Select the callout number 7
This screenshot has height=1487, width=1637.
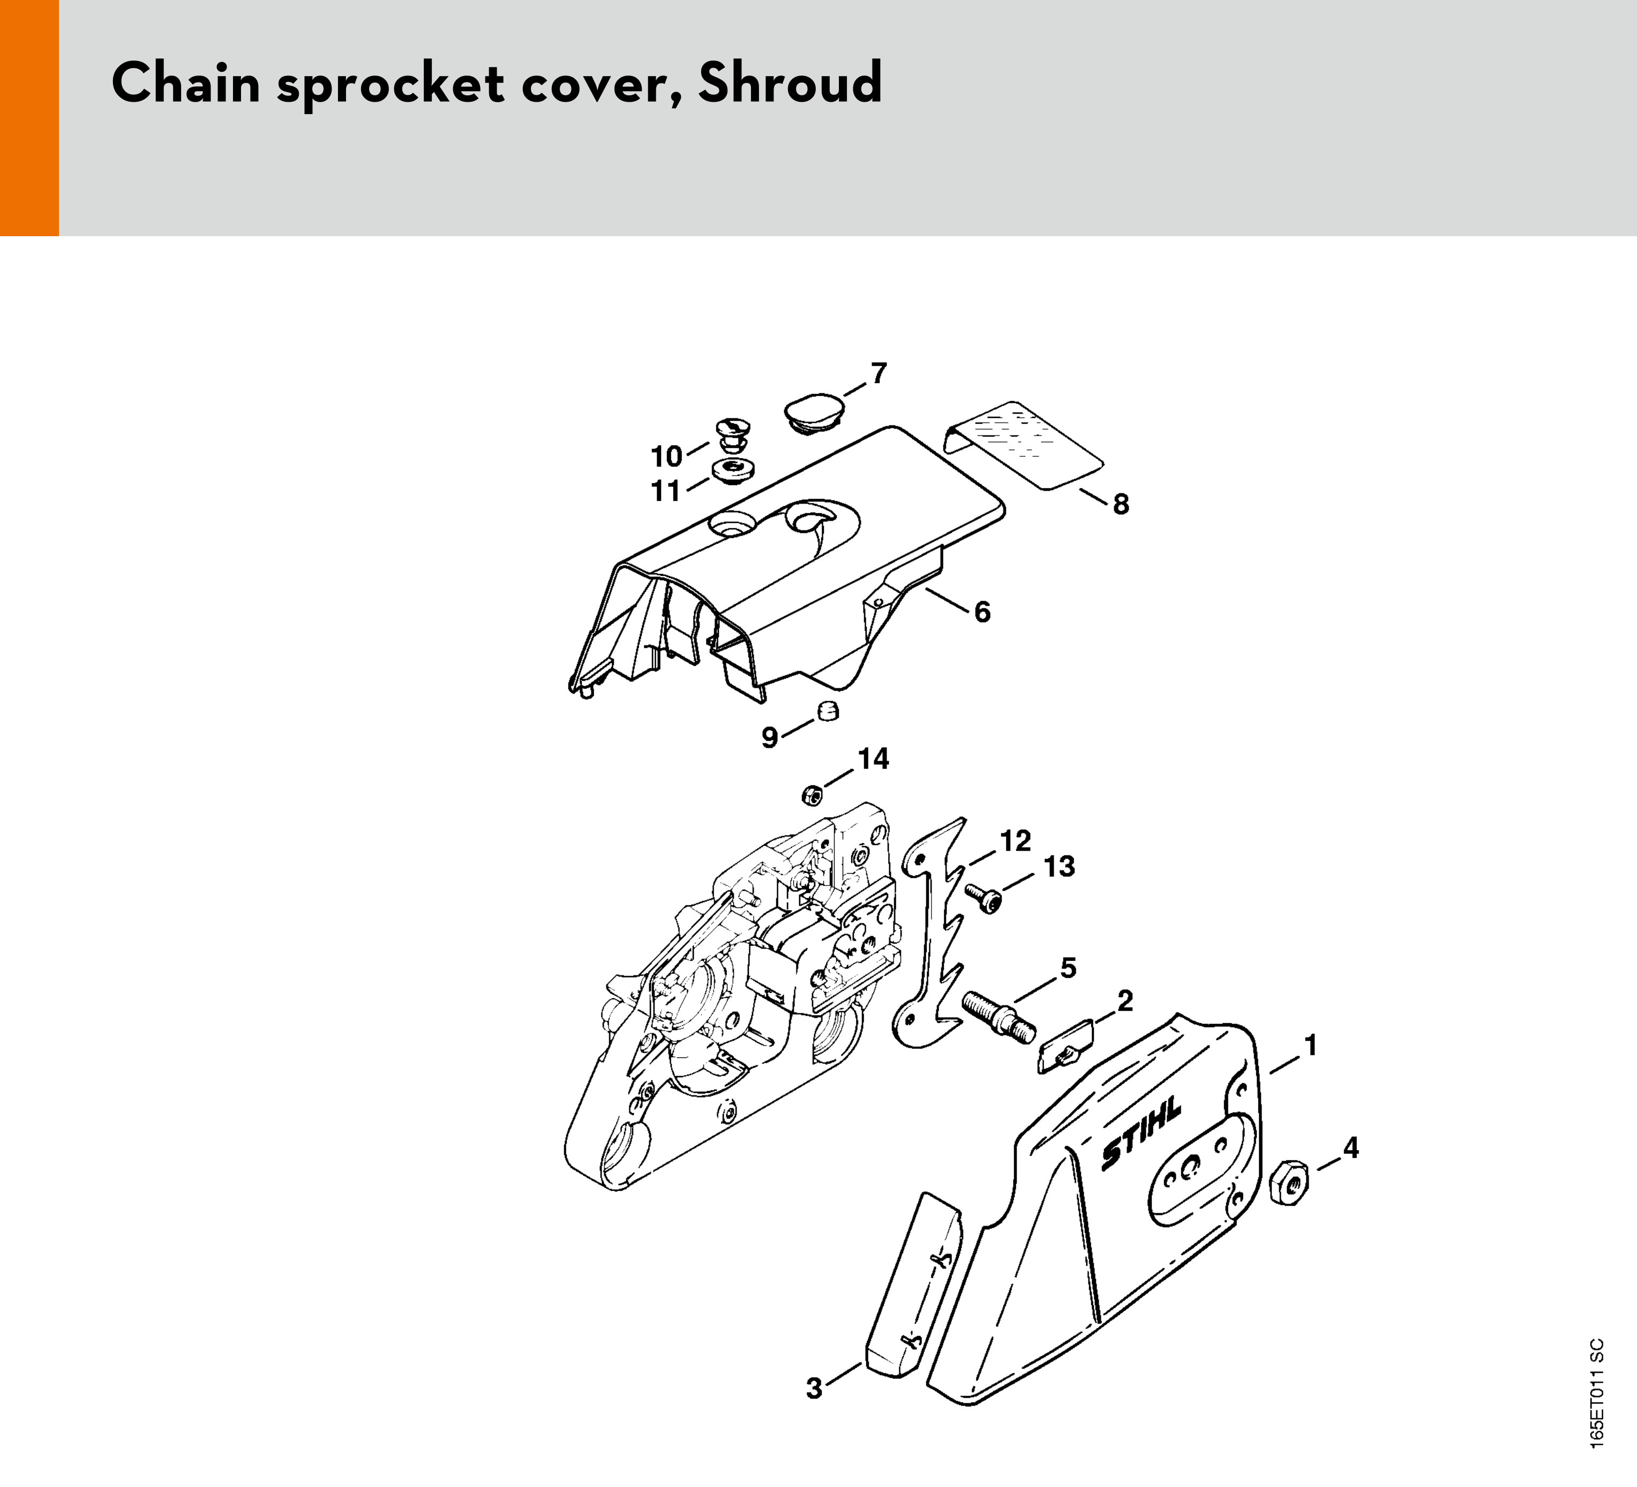pos(878,373)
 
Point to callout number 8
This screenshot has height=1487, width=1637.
pos(1121,505)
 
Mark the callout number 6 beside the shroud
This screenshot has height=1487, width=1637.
pos(982,612)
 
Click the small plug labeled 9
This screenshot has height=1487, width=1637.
pos(827,711)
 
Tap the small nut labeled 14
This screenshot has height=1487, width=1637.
pos(811,795)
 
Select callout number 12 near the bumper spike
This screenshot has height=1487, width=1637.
pos(1015,840)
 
